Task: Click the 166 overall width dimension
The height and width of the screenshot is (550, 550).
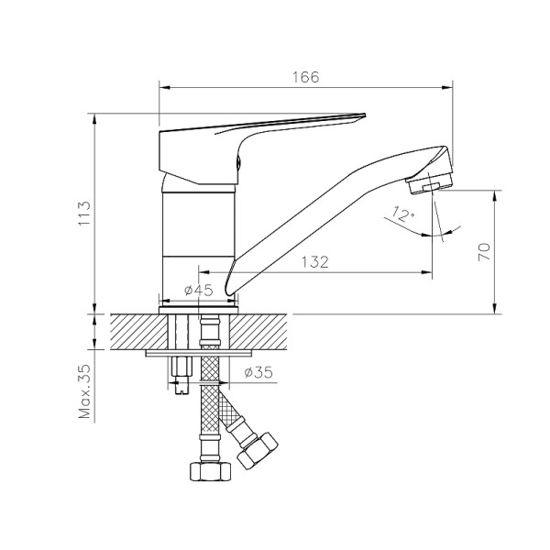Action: point(306,78)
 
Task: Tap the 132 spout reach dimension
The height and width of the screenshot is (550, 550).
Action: point(314,262)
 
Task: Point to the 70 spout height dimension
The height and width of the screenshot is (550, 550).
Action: point(485,249)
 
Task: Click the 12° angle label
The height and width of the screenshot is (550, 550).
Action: point(401,215)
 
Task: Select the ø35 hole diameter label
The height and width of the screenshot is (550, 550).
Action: point(260,373)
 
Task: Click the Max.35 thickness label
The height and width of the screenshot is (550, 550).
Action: point(85,391)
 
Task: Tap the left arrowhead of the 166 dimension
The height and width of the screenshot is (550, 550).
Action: point(164,88)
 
